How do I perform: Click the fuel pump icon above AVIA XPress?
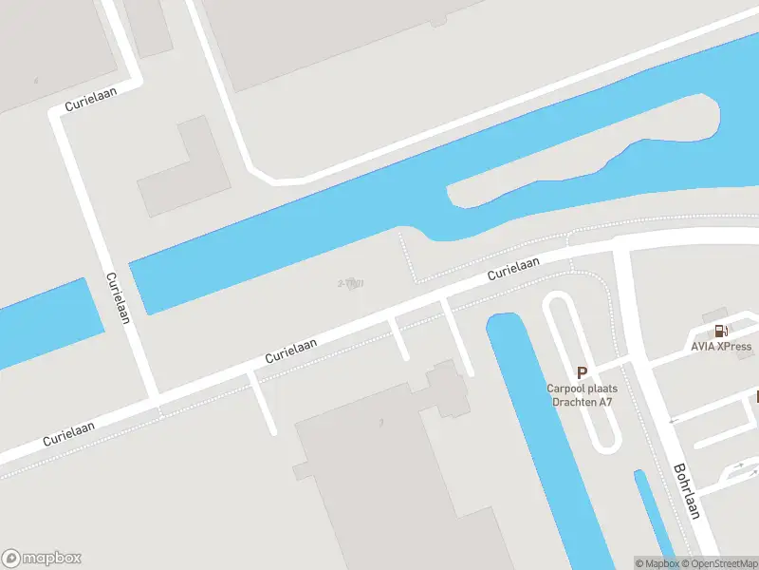pyautogui.click(x=721, y=331)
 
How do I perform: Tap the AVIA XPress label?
pyautogui.click(x=721, y=347)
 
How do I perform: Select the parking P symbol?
pyautogui.click(x=582, y=373)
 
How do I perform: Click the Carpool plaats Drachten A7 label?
pyautogui.click(x=583, y=394)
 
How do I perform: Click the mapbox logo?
pyautogui.click(x=42, y=559)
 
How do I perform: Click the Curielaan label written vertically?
pyautogui.click(x=118, y=298)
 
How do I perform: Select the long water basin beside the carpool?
pyautogui.click(x=550, y=437)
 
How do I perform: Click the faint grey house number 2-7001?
pyautogui.click(x=351, y=283)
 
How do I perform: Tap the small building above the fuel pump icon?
pyautogui.click(x=714, y=313)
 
